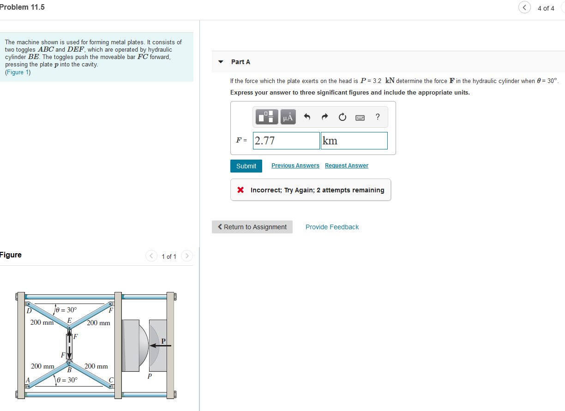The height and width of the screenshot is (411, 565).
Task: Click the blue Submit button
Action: [246, 166]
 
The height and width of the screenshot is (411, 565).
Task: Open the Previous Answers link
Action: [295, 166]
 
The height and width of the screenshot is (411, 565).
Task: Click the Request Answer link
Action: [347, 166]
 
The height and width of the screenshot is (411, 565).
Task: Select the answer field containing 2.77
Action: [287, 141]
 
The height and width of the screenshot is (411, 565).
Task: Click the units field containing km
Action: [354, 141]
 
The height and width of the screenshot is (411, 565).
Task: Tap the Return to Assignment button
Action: [252, 227]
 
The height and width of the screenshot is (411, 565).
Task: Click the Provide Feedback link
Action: [332, 227]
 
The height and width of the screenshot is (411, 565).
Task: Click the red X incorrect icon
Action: [240, 190]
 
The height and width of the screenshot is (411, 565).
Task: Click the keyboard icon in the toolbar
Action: [360, 118]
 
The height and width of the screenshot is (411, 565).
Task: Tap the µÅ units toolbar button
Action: [288, 117]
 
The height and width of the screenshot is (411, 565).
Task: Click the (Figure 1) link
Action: [18, 72]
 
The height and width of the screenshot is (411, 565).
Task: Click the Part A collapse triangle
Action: [221, 62]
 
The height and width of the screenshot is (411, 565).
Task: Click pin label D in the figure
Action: [28, 311]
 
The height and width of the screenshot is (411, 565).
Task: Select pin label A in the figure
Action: [28, 380]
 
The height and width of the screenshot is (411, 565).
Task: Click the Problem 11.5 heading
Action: [23, 7]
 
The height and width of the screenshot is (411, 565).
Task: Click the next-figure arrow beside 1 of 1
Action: [186, 256]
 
